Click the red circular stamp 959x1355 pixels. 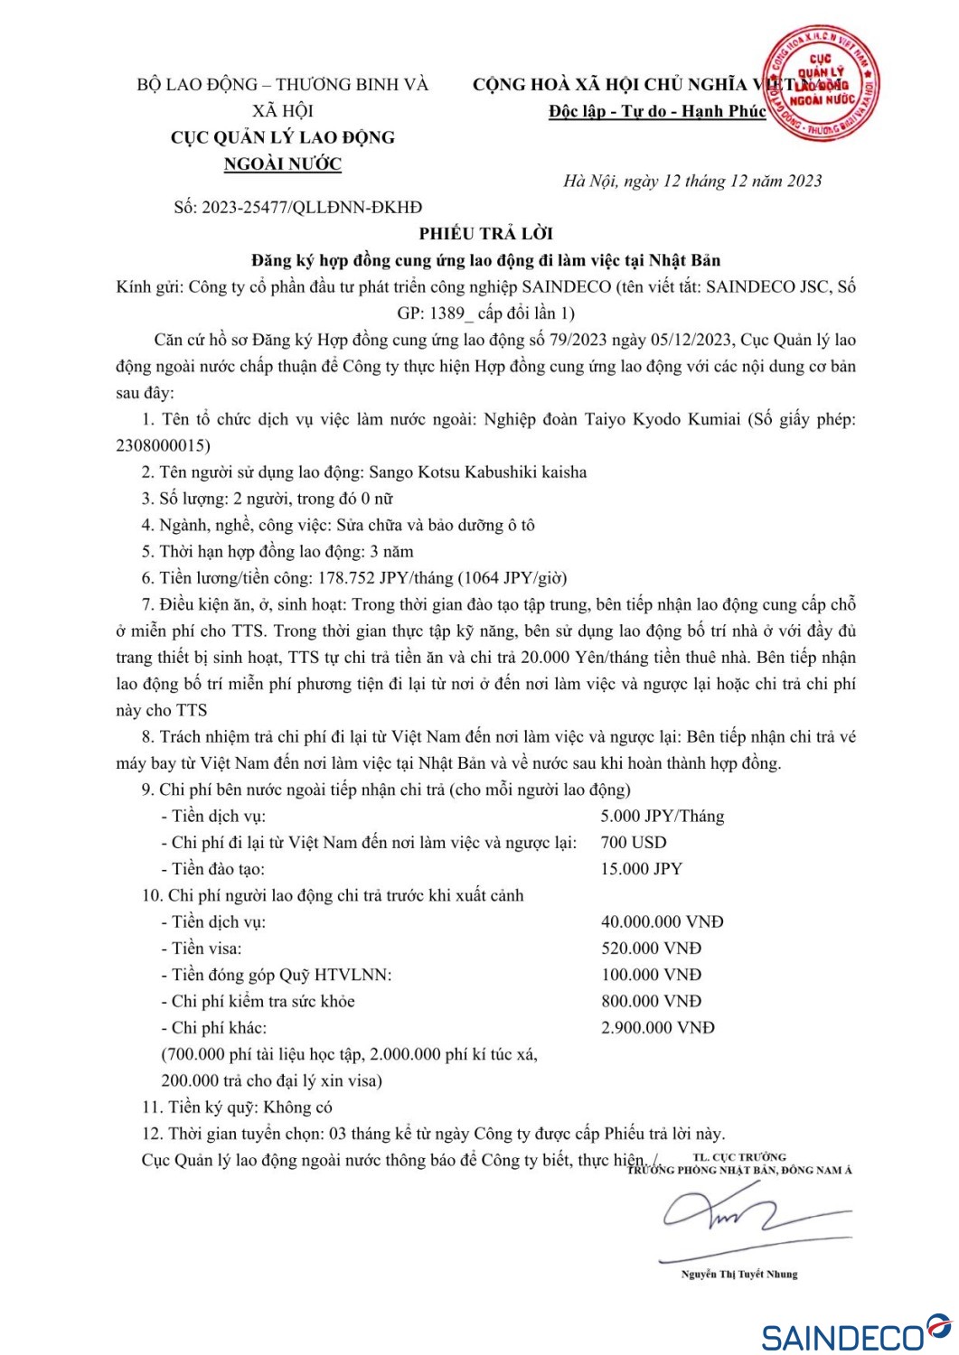point(820,83)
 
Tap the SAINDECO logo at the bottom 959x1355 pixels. point(854,1333)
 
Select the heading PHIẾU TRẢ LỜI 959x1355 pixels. point(485,233)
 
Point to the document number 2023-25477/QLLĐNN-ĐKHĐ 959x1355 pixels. point(311,207)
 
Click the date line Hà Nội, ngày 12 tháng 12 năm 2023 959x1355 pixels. point(692,181)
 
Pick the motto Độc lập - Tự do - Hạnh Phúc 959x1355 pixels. point(657,111)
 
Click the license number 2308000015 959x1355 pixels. point(163,445)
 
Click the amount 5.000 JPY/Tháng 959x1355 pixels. point(662,816)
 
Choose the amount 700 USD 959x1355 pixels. point(633,843)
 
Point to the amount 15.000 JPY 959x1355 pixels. point(641,869)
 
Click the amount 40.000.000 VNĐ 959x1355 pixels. point(662,922)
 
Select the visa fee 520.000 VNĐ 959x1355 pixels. point(651,948)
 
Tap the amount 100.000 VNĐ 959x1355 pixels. point(651,975)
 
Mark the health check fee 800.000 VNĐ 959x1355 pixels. point(651,1001)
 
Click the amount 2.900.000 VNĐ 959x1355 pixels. point(657,1028)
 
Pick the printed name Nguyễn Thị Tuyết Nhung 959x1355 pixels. point(739,1274)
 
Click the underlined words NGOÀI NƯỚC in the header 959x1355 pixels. point(283,164)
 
